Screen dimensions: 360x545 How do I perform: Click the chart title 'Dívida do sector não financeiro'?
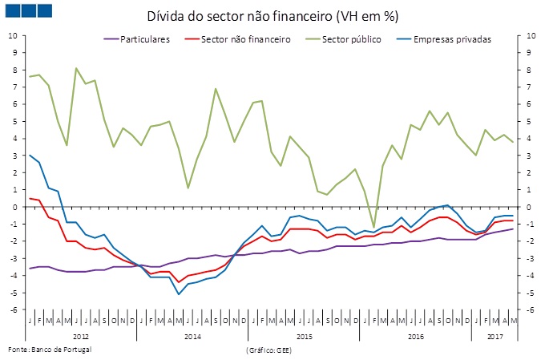click(272, 16)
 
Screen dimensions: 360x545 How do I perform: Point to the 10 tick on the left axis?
click(12, 36)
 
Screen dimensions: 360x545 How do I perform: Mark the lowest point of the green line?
click(373, 227)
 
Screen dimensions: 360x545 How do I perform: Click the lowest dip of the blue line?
click(179, 294)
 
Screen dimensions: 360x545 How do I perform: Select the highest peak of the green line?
click(76, 68)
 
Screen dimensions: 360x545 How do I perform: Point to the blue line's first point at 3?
click(30, 155)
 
